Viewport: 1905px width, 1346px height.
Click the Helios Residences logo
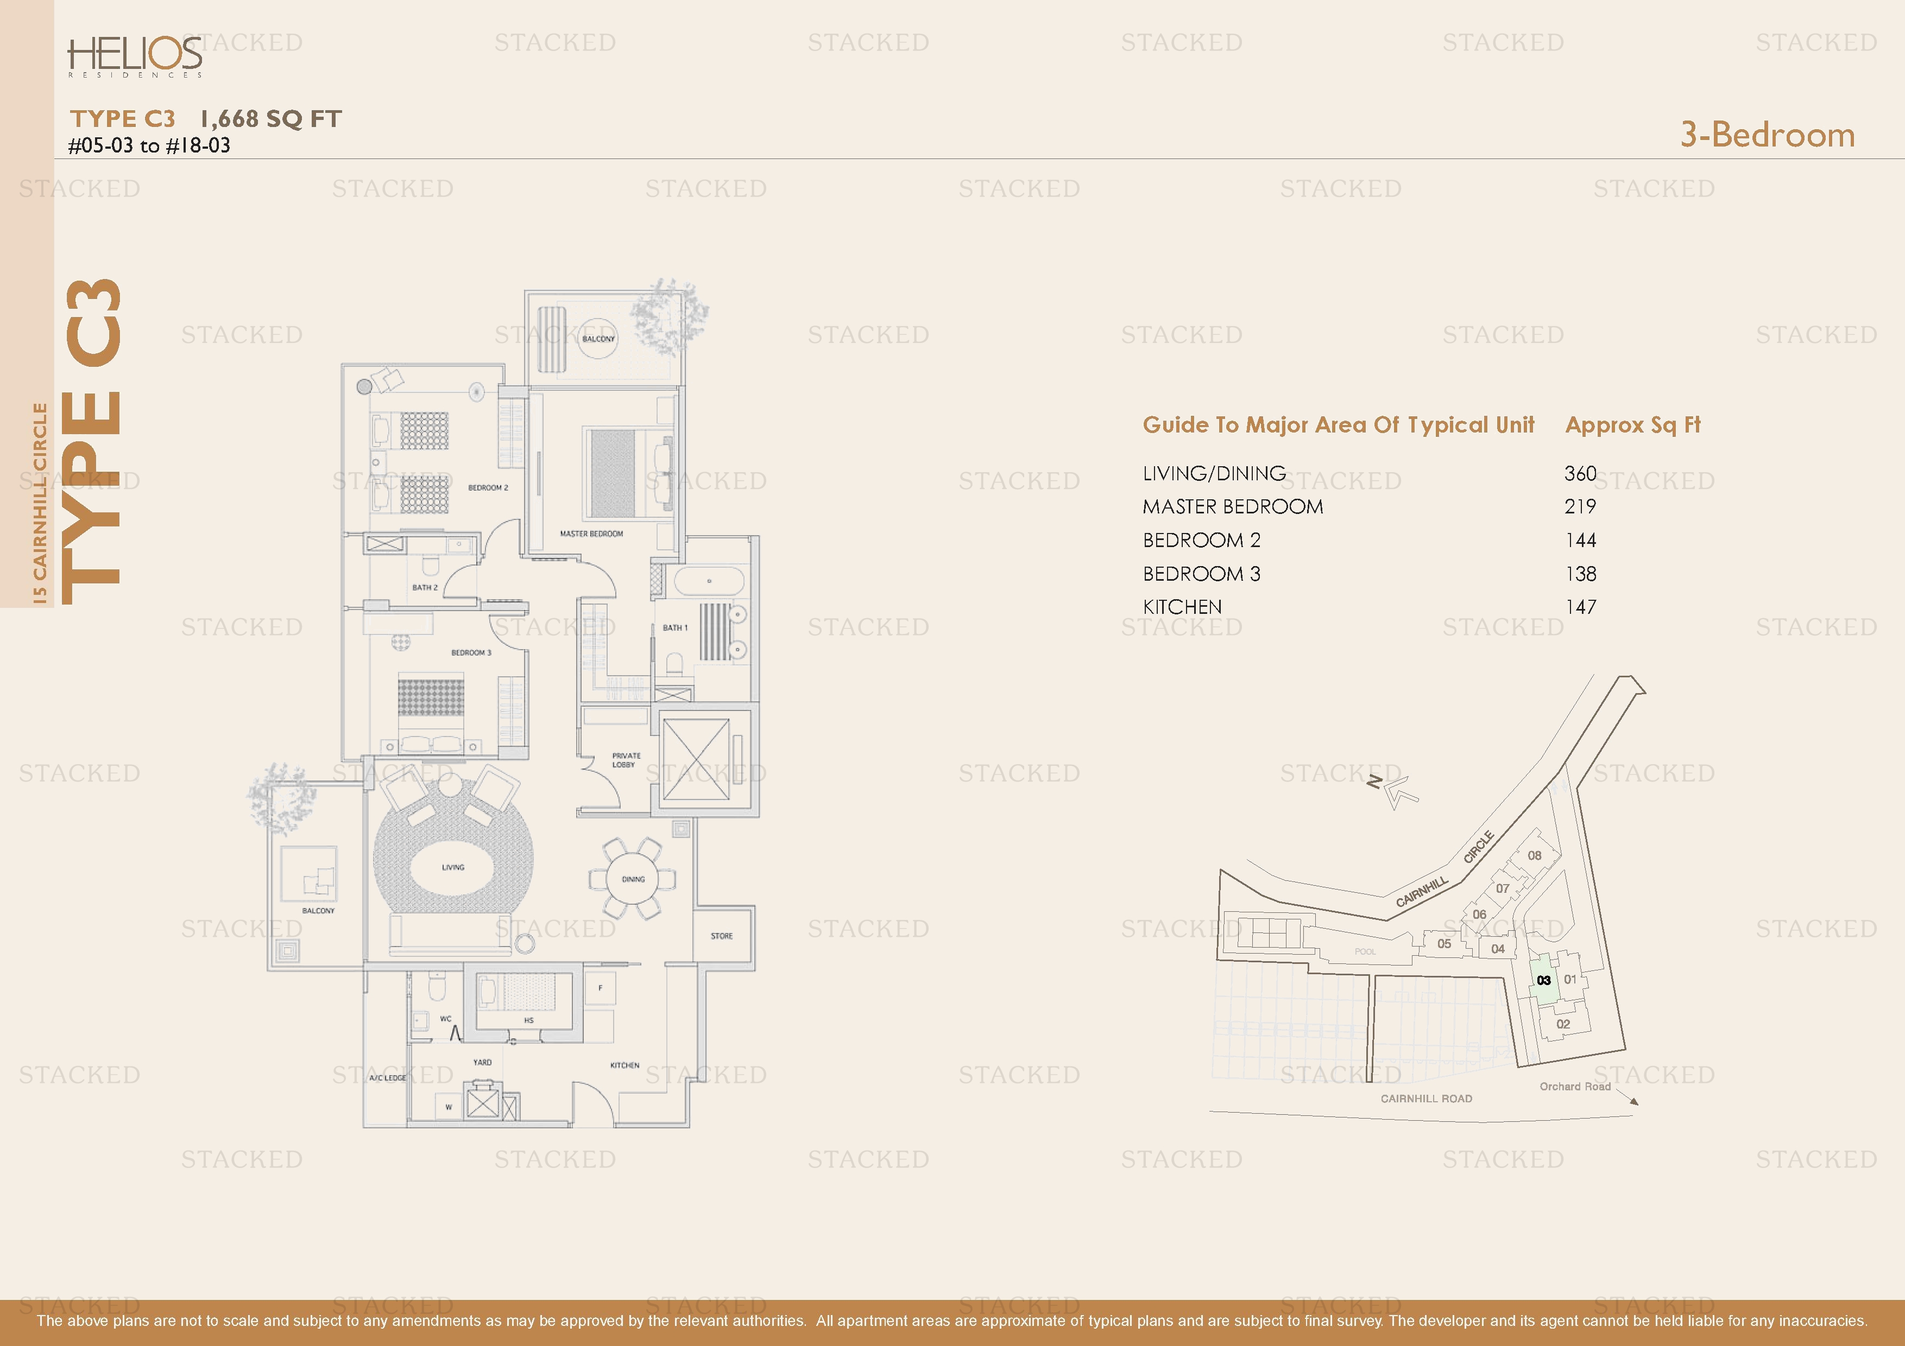[135, 56]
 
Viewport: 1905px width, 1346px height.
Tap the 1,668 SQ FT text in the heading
[270, 119]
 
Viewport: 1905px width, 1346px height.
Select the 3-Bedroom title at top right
[1767, 135]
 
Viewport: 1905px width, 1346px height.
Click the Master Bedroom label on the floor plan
[591, 534]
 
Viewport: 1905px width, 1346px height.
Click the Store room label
[721, 936]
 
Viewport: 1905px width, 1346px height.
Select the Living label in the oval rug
[453, 867]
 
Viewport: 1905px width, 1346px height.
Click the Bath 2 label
[425, 587]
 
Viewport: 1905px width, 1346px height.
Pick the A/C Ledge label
[388, 1077]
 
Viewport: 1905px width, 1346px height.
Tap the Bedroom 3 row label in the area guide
[1201, 574]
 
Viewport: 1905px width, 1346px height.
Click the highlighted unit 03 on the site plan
[1543, 980]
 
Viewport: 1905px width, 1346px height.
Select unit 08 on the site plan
[1534, 855]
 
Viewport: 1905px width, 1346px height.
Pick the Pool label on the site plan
[1365, 951]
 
